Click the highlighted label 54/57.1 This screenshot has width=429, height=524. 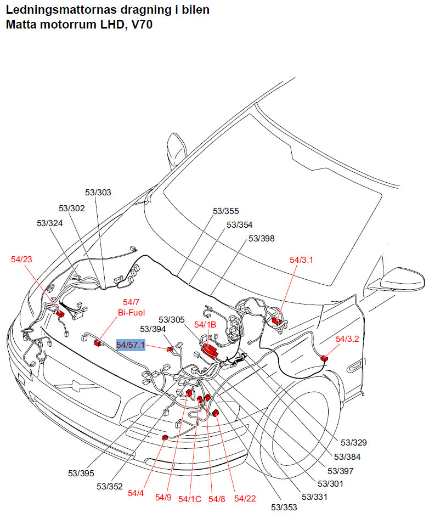[x=131, y=345]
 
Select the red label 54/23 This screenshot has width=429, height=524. [x=21, y=259]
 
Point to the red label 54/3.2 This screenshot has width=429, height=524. [x=347, y=339]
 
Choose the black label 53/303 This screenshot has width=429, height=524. [x=98, y=192]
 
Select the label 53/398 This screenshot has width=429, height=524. [x=262, y=238]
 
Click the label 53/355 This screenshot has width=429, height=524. [x=226, y=211]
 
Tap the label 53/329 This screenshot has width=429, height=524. [x=354, y=442]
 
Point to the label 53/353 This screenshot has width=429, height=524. [x=284, y=507]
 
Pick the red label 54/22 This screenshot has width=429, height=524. [x=245, y=498]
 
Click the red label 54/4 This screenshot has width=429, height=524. [x=136, y=493]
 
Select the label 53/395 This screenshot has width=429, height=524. [x=81, y=472]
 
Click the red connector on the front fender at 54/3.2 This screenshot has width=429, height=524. [x=324, y=358]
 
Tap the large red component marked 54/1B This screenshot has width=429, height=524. [x=209, y=350]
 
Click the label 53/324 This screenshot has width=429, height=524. [x=49, y=223]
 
